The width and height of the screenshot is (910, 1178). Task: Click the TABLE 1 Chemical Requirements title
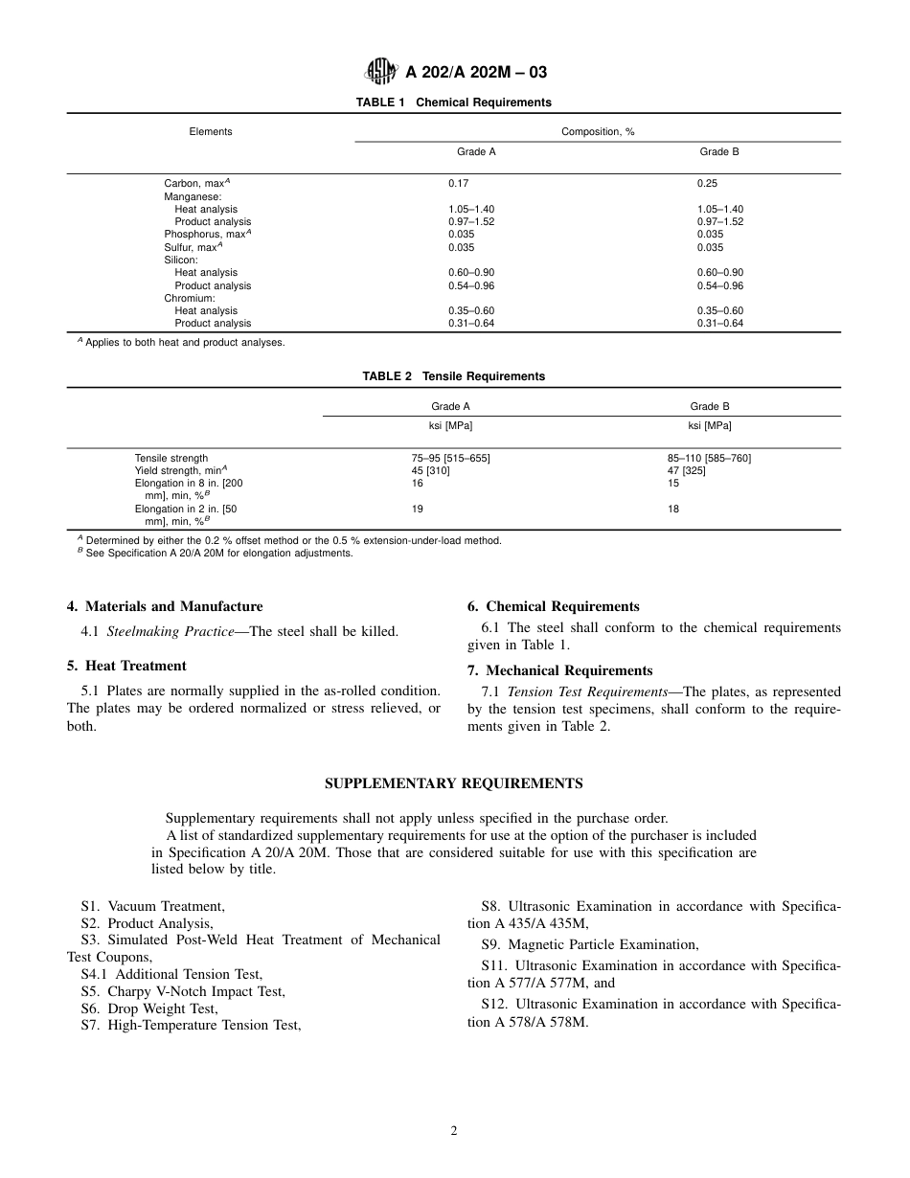[x=453, y=102]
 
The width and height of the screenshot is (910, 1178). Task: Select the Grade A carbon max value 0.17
[x=459, y=183]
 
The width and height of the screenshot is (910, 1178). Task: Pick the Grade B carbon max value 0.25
[x=707, y=183]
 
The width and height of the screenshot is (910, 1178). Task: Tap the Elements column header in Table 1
[x=211, y=132]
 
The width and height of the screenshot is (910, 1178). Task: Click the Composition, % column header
[x=598, y=132]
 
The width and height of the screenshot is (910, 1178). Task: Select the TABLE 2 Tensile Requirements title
[x=453, y=376]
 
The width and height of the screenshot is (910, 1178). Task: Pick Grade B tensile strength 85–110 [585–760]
[x=709, y=459]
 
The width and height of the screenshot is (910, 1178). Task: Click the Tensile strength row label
[x=171, y=459]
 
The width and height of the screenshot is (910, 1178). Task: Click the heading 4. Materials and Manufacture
[x=164, y=606]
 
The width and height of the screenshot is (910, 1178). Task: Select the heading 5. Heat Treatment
[x=126, y=666]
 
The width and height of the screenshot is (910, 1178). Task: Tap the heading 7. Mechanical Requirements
[x=559, y=670]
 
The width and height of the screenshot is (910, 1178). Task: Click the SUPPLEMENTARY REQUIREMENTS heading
[x=453, y=783]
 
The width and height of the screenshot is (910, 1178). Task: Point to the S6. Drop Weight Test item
[x=149, y=1008]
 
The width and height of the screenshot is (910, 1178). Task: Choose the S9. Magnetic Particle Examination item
[x=590, y=944]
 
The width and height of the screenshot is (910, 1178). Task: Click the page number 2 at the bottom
[x=454, y=1131]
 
